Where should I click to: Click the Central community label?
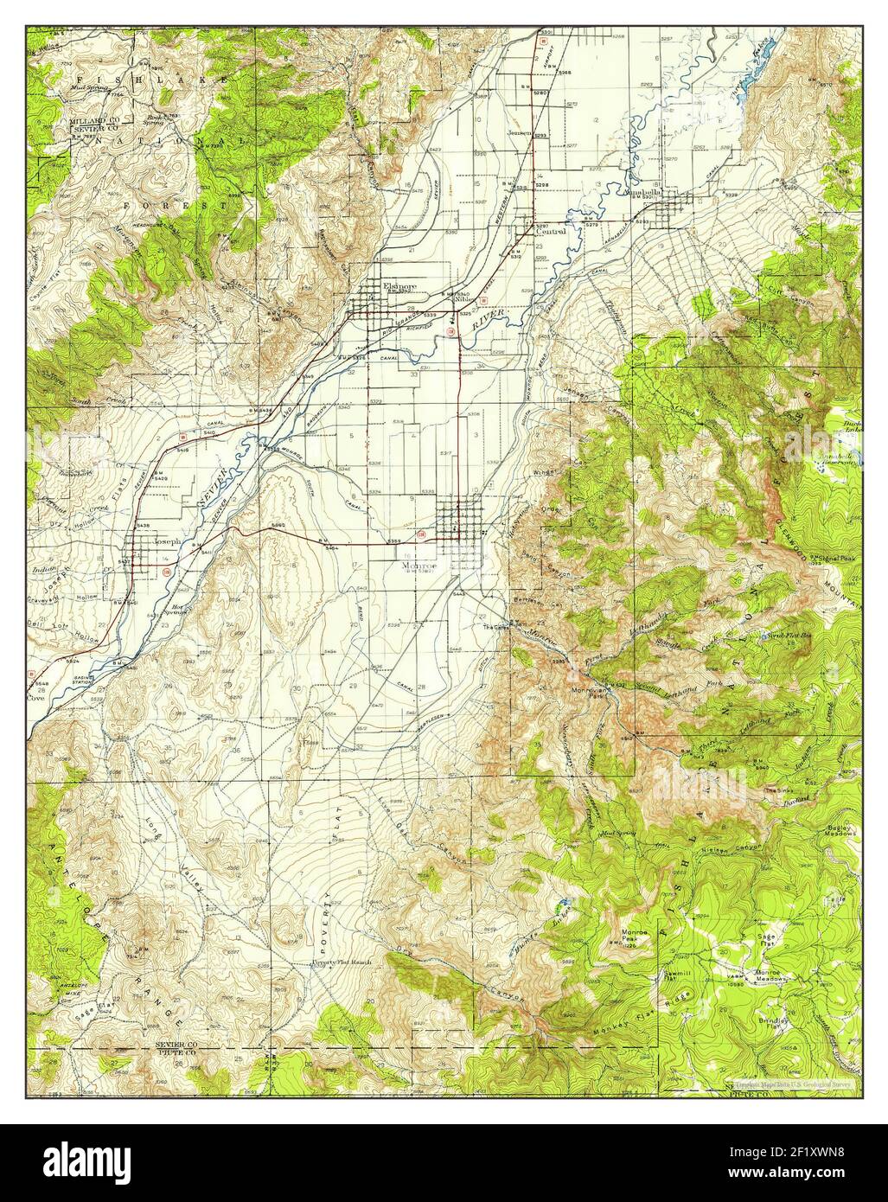(550, 232)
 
